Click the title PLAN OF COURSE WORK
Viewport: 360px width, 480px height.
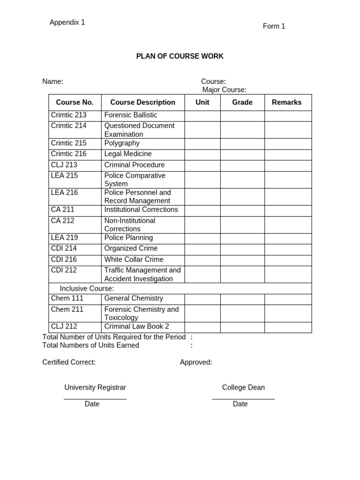[180, 56]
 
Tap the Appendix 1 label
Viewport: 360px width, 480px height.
[67, 22]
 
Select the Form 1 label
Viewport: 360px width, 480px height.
[274, 26]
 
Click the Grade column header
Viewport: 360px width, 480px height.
[242, 102]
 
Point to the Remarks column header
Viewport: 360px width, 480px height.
[286, 102]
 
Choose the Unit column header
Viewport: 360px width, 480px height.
[202, 102]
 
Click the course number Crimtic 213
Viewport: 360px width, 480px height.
[68, 115]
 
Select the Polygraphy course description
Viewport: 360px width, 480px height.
[122, 143]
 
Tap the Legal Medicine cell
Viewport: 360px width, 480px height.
[128, 154]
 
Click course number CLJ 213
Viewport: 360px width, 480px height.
[64, 165]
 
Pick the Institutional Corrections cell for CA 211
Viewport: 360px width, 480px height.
[141, 210]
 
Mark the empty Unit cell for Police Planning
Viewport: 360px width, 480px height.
[202, 238]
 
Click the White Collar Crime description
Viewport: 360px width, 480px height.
[134, 260]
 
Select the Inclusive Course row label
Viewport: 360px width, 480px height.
[87, 289]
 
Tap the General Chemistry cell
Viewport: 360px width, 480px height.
[134, 299]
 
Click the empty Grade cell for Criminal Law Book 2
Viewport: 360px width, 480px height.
[242, 327]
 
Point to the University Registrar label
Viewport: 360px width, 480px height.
[95, 388]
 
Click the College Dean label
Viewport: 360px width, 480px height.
[243, 388]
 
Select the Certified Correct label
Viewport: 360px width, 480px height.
[69, 362]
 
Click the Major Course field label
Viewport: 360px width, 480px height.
[224, 90]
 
